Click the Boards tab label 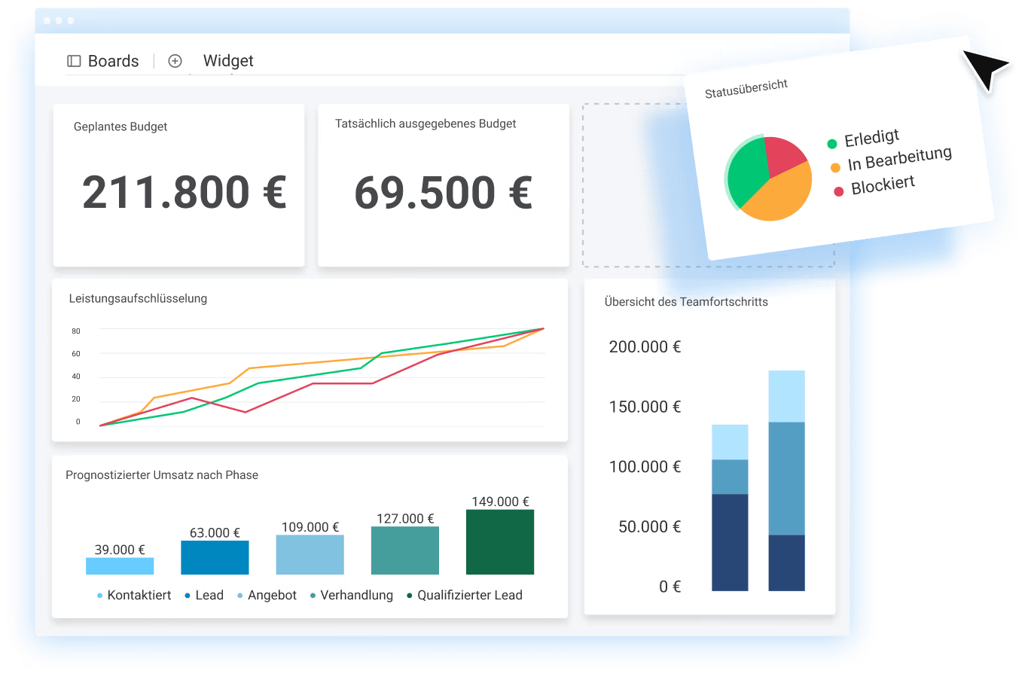point(113,61)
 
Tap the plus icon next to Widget point(175,61)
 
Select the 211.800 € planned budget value point(185,192)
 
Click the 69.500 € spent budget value point(444,193)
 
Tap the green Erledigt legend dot point(832,144)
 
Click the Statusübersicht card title point(746,89)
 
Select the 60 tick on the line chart point(76,354)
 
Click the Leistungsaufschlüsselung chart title point(138,298)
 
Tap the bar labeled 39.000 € point(120,566)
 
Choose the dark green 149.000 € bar point(500,542)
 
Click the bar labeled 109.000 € point(310,555)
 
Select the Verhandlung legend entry point(356,595)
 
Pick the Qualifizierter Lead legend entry point(469,595)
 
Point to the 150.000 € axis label point(645,407)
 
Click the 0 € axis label point(670,587)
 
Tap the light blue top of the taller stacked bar point(786,396)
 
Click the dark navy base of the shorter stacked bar point(730,542)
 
